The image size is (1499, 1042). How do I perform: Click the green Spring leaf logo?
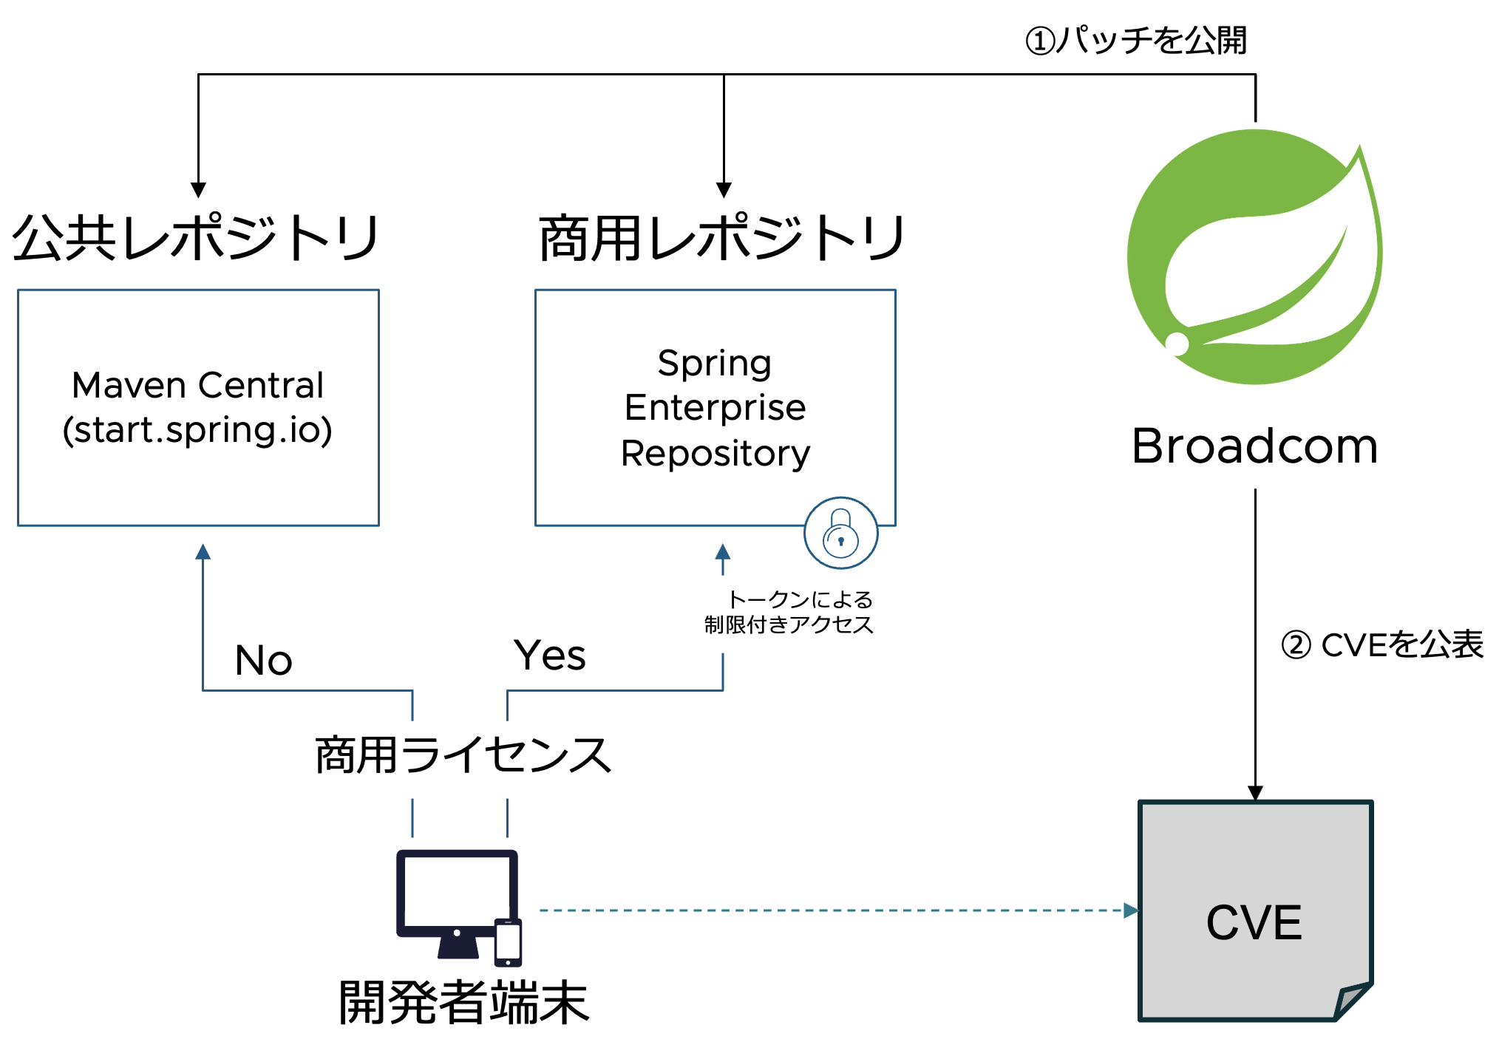1254,256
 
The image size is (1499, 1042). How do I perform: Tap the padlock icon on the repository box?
841,533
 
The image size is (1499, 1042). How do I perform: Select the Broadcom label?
1254,446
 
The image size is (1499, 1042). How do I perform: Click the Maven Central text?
198,385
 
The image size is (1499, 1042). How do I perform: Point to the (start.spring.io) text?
198,430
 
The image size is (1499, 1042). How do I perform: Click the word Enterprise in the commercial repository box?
715,408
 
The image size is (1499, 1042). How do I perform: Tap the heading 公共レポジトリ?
197,238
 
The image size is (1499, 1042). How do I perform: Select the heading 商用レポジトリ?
722,238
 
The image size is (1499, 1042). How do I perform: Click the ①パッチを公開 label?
1136,40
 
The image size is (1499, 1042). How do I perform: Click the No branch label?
264,660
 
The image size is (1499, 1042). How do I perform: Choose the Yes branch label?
550,655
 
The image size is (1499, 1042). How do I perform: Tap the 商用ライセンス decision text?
463,755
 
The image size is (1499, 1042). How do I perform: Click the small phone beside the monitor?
508,942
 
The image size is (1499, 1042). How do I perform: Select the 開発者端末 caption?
463,1002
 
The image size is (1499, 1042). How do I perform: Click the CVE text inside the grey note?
1254,922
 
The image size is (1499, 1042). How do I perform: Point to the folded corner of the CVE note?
1353,1001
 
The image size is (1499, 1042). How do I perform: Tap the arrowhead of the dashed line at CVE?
1131,910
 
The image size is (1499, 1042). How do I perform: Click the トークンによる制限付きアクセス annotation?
789,612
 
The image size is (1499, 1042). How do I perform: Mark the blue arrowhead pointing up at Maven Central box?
203,551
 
